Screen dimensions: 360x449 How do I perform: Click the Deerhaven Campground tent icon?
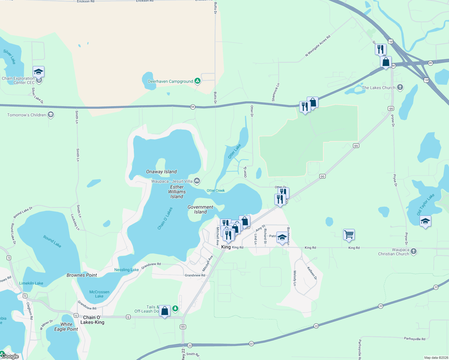pyautogui.click(x=197, y=81)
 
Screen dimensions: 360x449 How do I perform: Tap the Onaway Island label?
pyautogui.click(x=161, y=172)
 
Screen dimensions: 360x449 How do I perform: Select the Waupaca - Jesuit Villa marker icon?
pyautogui.click(x=197, y=181)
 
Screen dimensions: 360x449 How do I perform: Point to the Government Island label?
pyautogui.click(x=200, y=209)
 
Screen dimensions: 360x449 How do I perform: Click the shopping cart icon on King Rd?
pyautogui.click(x=349, y=235)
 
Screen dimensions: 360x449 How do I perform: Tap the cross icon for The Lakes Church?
pyautogui.click(x=400, y=87)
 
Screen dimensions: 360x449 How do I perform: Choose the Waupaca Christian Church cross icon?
pyautogui.click(x=414, y=251)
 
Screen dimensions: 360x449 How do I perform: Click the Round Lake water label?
pyautogui.click(x=52, y=241)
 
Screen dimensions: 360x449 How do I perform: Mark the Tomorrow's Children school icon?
pyautogui.click(x=51, y=115)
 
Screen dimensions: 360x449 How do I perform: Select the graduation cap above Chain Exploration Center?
pyautogui.click(x=38, y=72)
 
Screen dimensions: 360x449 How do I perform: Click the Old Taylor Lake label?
pyautogui.click(x=426, y=205)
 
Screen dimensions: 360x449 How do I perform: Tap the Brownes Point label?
pyautogui.click(x=82, y=275)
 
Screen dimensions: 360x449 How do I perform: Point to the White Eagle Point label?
pyautogui.click(x=66, y=327)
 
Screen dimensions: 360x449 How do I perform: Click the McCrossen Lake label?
pyautogui.click(x=99, y=294)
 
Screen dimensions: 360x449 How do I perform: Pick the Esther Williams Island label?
pyautogui.click(x=177, y=192)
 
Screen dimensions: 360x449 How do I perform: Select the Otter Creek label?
pyautogui.click(x=215, y=190)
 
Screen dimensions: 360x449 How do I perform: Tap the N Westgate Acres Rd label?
pyautogui.click(x=318, y=46)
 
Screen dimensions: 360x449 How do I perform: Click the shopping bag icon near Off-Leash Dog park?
pyautogui.click(x=165, y=311)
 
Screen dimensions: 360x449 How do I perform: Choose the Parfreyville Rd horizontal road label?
pyautogui.click(x=414, y=339)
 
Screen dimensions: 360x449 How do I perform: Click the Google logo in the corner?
pyautogui.click(x=10, y=356)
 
